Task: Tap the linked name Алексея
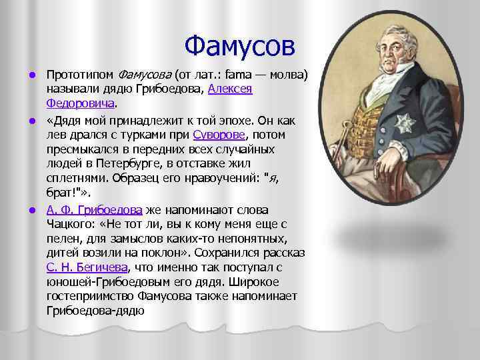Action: [230, 89]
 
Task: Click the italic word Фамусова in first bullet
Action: [145, 74]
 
